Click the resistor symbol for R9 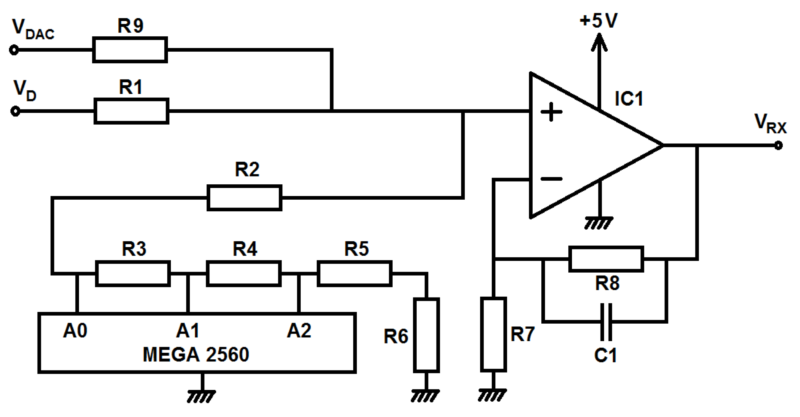[130, 50]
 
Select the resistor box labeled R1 [131, 111]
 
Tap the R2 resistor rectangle [245, 198]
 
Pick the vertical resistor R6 [426, 335]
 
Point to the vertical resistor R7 [494, 334]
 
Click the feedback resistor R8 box [606, 259]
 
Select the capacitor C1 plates [606, 322]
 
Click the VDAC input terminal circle [14, 50]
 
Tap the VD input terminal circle [15, 111]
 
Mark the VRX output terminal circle [778, 145]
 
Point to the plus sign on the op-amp [551, 112]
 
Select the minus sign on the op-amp [551, 179]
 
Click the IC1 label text [628, 99]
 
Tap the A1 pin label [187, 331]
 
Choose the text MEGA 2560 [196, 355]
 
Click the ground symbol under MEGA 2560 [202, 396]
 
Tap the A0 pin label [75, 331]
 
